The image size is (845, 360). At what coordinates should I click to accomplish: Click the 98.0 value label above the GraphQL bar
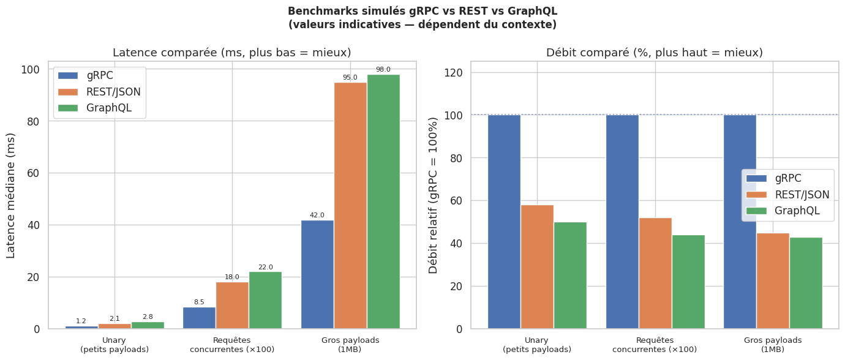pyautogui.click(x=383, y=70)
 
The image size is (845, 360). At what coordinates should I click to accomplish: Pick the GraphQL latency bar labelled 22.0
pyautogui.click(x=265, y=300)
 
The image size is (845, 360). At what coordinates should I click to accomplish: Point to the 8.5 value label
pyautogui.click(x=199, y=302)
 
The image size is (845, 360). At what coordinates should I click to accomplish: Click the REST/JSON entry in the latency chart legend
pyautogui.click(x=113, y=92)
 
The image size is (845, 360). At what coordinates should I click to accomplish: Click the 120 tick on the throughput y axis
pyautogui.click(x=454, y=73)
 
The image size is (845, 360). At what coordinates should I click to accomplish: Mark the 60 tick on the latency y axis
pyautogui.click(x=34, y=173)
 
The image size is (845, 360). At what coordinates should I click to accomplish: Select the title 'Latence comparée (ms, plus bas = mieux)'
pyautogui.click(x=232, y=53)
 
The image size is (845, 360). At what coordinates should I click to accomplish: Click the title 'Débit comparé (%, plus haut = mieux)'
pyautogui.click(x=655, y=53)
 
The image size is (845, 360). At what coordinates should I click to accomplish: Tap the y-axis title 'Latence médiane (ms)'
pyautogui.click(x=12, y=195)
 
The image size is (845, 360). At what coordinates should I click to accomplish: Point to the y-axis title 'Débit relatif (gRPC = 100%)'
pyautogui.click(x=434, y=195)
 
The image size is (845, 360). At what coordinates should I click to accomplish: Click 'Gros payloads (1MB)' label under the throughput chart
pyautogui.click(x=773, y=345)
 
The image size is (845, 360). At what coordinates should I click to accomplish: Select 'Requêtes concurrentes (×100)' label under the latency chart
pyautogui.click(x=232, y=345)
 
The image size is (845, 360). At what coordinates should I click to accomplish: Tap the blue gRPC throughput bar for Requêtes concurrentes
pyautogui.click(x=622, y=222)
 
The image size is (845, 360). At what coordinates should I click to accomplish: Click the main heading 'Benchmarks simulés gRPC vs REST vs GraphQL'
pyautogui.click(x=423, y=12)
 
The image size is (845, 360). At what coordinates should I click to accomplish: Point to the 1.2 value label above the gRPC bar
pyautogui.click(x=81, y=321)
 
